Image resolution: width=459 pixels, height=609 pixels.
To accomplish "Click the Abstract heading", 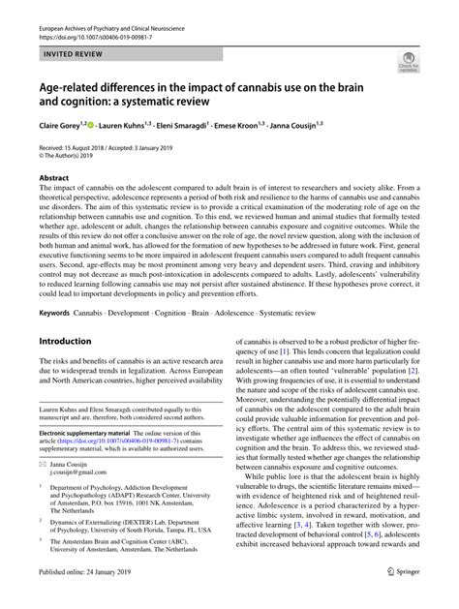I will pyautogui.click(x=54, y=177).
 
